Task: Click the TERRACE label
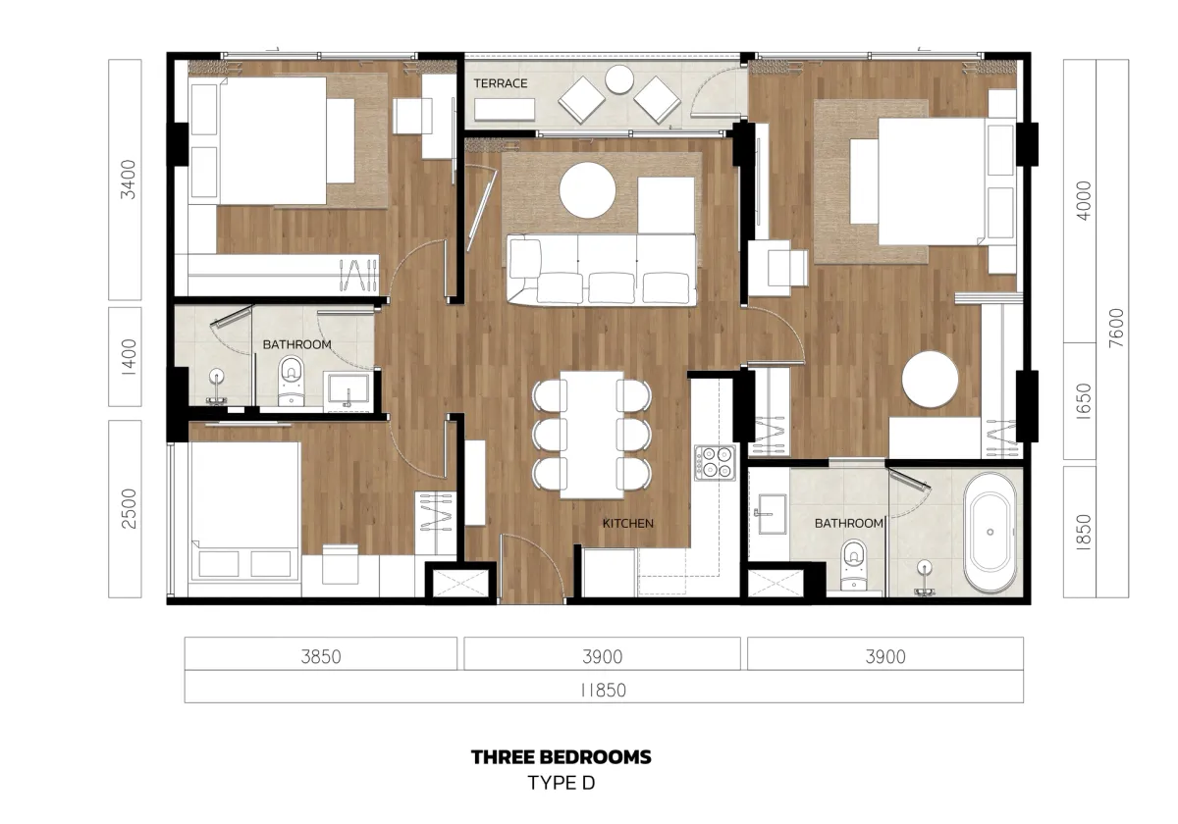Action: point(501,84)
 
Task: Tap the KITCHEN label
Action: point(627,524)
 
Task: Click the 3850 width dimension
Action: point(321,656)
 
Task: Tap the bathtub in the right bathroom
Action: point(990,533)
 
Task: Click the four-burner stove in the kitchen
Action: point(715,462)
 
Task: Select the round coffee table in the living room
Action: point(587,190)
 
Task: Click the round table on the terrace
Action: point(619,82)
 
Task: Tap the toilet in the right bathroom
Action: point(854,564)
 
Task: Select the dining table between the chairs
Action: point(592,434)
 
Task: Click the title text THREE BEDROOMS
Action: point(561,757)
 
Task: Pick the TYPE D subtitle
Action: point(561,783)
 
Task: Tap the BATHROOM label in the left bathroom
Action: point(296,345)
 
